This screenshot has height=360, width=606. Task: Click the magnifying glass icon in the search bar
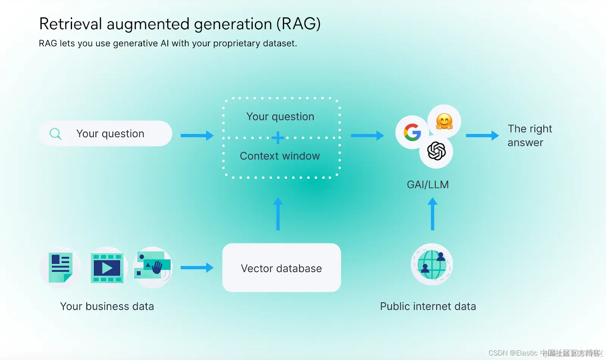[55, 134]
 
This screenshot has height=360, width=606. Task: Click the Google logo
[412, 132]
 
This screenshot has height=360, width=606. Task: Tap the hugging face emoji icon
[444, 122]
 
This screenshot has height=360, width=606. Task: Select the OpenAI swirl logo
[436, 151]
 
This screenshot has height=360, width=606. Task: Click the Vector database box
[281, 268]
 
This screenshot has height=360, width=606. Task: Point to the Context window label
[280, 156]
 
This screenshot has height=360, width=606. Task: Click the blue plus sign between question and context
[278, 138]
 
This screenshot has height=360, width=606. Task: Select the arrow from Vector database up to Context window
[278, 214]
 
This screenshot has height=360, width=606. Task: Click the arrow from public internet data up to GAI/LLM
[433, 214]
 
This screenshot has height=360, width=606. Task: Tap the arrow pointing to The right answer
[482, 135]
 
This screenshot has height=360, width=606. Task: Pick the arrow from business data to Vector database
[197, 268]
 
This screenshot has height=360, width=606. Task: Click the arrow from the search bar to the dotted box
[197, 135]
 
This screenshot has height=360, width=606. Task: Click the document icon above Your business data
[60, 268]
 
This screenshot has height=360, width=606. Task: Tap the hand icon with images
[153, 266]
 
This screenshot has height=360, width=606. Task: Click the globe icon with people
[432, 264]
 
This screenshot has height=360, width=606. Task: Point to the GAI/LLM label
[428, 185]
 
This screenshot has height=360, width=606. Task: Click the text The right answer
[529, 136]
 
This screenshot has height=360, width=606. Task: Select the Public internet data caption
[428, 306]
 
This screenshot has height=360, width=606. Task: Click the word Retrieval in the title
[71, 24]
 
